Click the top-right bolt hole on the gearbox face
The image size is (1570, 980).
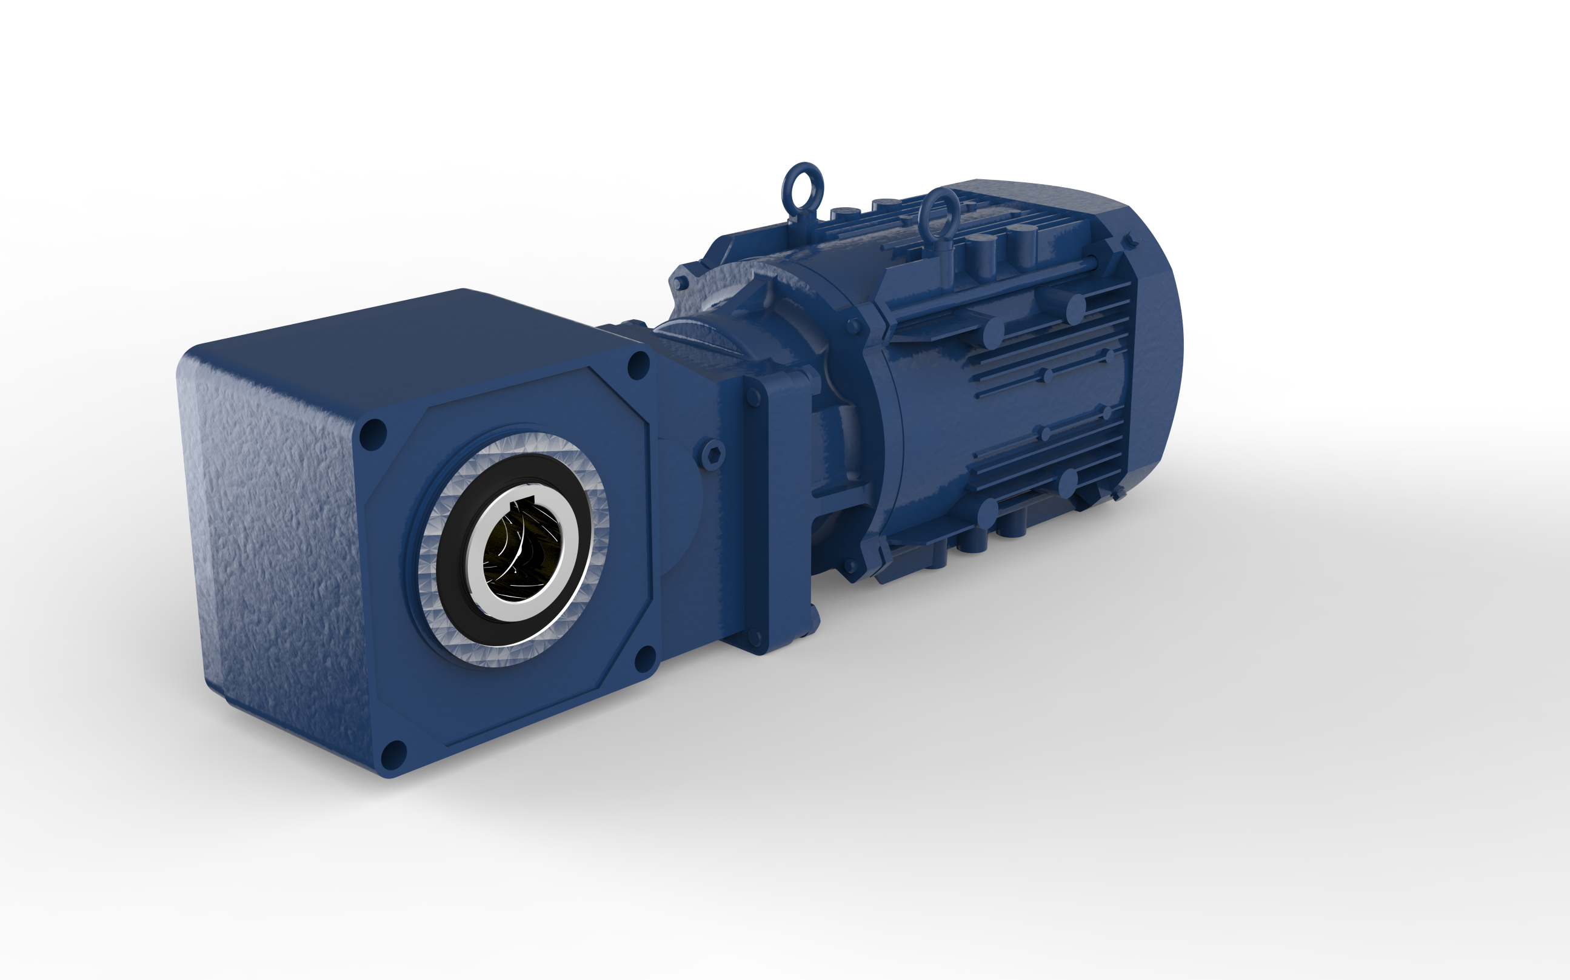pos(638,365)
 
